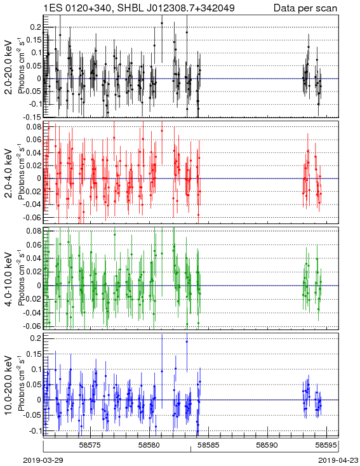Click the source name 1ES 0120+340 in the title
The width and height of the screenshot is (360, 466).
(x=78, y=8)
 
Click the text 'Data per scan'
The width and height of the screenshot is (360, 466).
(x=305, y=8)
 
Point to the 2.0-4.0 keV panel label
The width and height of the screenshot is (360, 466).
(x=9, y=173)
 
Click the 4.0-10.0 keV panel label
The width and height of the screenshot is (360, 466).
(x=9, y=279)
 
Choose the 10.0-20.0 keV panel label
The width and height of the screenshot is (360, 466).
(x=9, y=385)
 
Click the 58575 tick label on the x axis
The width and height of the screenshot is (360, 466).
(x=91, y=445)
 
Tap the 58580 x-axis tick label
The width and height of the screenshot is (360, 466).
(x=150, y=445)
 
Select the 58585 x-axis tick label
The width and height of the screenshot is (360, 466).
(x=209, y=445)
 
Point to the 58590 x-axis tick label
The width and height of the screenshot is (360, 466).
(x=267, y=445)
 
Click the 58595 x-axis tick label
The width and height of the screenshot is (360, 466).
(x=327, y=445)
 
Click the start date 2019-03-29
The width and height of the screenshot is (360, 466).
(x=43, y=460)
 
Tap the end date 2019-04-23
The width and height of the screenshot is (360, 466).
(x=338, y=460)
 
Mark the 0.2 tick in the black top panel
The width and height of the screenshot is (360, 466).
(x=36, y=27)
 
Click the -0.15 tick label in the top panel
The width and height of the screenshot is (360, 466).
(x=32, y=117)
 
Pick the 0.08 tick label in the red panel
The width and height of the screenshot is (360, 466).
(x=34, y=126)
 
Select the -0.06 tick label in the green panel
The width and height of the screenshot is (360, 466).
(x=32, y=326)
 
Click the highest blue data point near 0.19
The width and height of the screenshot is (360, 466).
(x=187, y=342)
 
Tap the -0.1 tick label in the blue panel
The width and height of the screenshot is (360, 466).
(x=34, y=430)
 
